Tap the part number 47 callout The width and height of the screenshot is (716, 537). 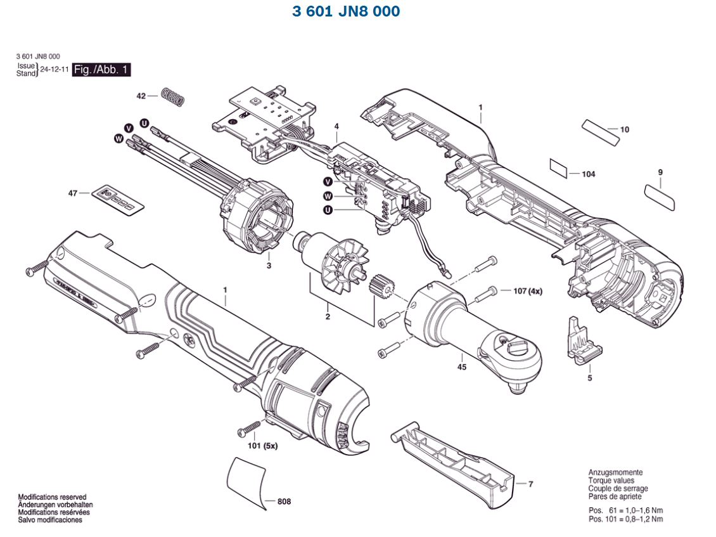[x=73, y=193]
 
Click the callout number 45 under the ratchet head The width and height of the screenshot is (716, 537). [x=461, y=367]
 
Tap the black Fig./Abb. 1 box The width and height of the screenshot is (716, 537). [x=101, y=70]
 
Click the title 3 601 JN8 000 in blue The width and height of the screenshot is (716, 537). [x=346, y=11]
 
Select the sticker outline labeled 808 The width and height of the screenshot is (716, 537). [x=248, y=480]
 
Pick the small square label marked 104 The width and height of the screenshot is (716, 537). [x=558, y=168]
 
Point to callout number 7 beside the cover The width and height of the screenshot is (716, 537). [x=530, y=484]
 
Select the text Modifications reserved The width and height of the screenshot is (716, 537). [x=52, y=497]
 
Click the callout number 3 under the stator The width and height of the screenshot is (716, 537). [x=269, y=265]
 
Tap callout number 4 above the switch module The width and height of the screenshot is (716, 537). [x=337, y=126]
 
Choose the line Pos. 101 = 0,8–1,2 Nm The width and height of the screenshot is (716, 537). [x=625, y=519]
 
